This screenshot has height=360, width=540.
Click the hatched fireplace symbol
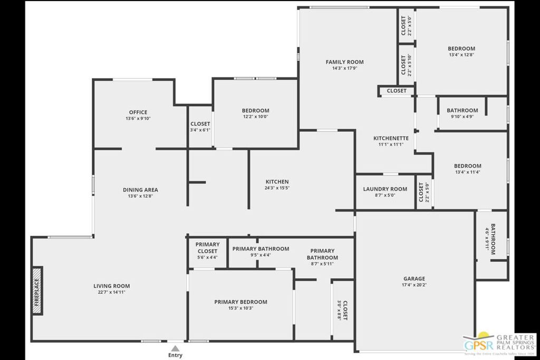click(x=37, y=291)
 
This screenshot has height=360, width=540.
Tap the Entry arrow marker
click(x=175, y=348)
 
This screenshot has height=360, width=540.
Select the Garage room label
click(x=414, y=279)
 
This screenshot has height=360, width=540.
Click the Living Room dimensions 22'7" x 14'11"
click(x=111, y=293)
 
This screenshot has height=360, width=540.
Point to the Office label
click(x=138, y=112)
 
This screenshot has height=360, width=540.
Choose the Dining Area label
click(x=140, y=190)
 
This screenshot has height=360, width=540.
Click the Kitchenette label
click(x=391, y=138)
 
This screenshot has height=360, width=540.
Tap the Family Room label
click(x=344, y=62)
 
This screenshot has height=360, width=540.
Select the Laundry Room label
click(x=385, y=189)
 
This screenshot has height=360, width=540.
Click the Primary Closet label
click(x=207, y=248)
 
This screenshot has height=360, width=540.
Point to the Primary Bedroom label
click(x=240, y=302)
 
